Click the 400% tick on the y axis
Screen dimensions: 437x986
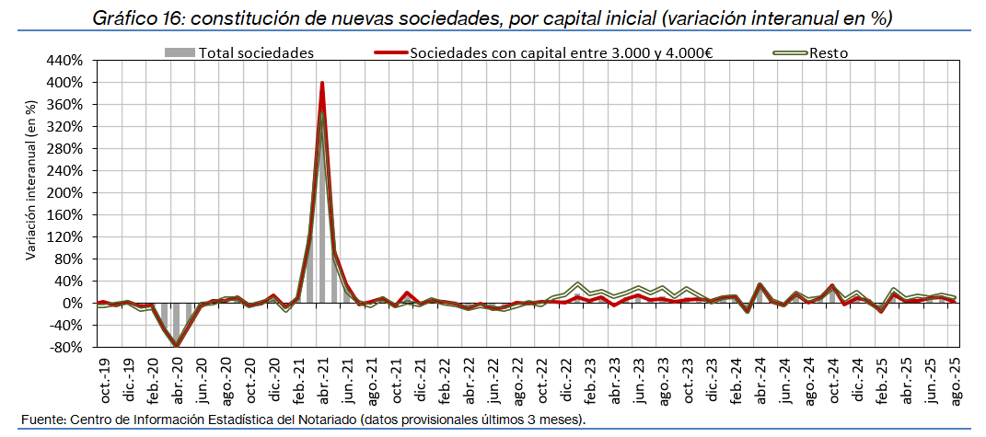(x=64, y=83)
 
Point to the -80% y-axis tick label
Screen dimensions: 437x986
(x=66, y=348)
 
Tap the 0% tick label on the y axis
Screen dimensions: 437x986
(x=74, y=304)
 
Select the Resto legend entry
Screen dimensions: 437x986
(x=829, y=52)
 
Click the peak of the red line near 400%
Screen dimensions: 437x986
(x=322, y=83)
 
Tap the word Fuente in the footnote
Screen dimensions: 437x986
(x=40, y=420)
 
